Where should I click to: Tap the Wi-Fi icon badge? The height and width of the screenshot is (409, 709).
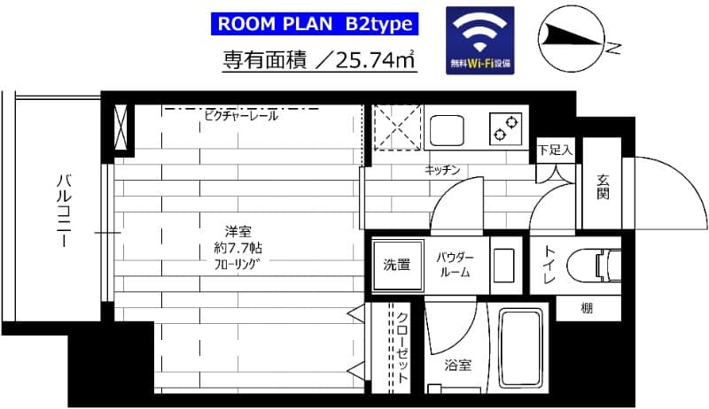click(479, 42)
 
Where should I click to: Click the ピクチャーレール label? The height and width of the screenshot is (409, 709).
click(240, 115)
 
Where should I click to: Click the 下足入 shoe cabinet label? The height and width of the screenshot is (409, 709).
click(556, 150)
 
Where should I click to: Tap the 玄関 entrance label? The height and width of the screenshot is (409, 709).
click(603, 187)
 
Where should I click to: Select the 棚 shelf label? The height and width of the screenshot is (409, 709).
click(588, 307)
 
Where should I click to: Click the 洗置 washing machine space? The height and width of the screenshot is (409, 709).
click(396, 264)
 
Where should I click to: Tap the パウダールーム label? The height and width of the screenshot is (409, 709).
click(455, 264)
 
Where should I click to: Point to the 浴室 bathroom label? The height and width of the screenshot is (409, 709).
click(457, 364)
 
